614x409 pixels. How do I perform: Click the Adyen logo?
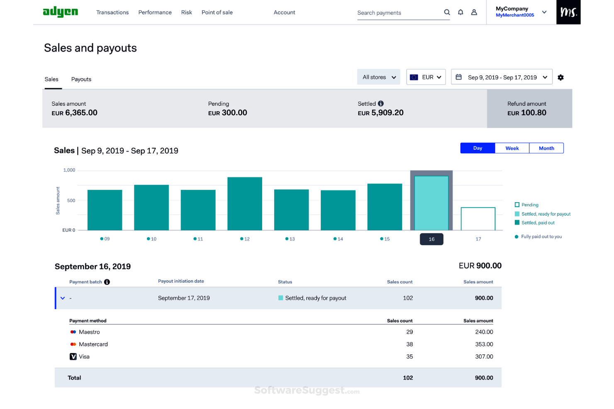[61, 12]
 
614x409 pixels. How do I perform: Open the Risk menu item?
[186, 12]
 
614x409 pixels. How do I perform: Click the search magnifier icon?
[447, 12]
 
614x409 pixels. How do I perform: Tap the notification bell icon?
[460, 12]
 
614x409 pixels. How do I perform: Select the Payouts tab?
[81, 79]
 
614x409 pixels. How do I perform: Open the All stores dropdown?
[378, 77]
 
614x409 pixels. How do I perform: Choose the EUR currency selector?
[426, 77]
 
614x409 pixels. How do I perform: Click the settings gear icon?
[560, 77]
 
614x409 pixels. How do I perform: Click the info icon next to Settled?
[381, 104]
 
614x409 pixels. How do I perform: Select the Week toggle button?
[512, 148]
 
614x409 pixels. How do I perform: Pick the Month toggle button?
[546, 148]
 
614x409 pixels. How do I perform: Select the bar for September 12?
[245, 203]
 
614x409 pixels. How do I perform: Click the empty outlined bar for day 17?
[478, 219]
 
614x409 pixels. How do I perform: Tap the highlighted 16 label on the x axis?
[431, 239]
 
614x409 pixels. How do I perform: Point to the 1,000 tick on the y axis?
[69, 170]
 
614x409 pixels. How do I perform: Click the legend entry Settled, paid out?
[538, 223]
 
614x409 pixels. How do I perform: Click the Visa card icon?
[73, 357]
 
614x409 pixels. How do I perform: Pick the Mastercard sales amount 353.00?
[484, 344]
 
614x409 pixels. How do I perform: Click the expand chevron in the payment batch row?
[63, 298]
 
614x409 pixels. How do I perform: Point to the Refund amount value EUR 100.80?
[527, 113]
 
